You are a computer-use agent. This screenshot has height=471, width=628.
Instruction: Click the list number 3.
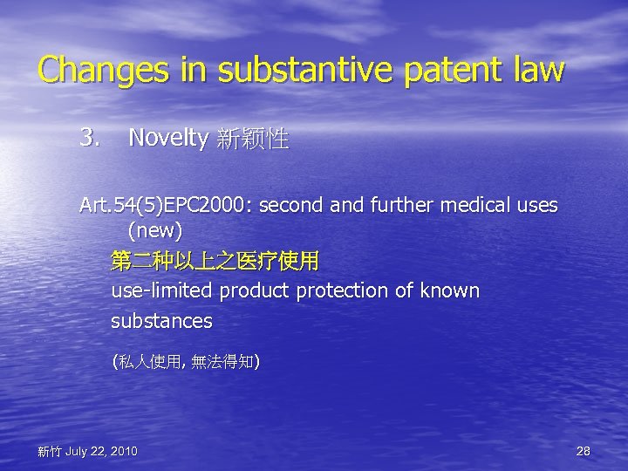(90, 137)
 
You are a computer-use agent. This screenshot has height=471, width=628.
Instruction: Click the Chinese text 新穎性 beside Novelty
(251, 138)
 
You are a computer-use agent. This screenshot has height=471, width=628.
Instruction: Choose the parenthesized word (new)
(154, 230)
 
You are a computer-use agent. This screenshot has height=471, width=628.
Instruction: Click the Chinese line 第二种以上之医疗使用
(215, 261)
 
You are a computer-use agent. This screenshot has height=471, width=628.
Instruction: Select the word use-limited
(163, 290)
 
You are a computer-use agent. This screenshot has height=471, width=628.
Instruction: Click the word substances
(161, 321)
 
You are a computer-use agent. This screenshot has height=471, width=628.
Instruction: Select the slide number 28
(584, 450)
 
